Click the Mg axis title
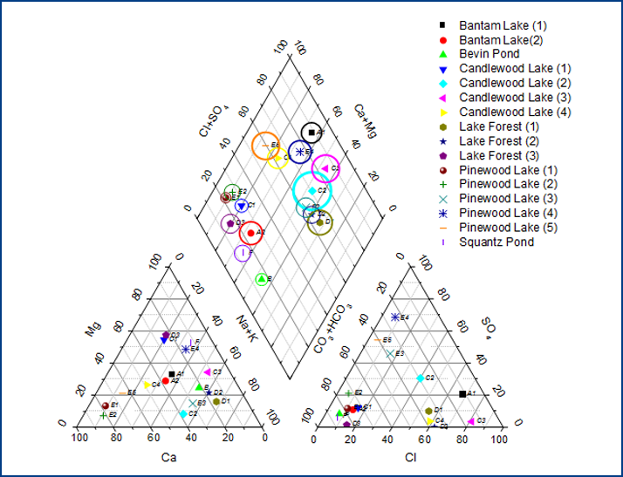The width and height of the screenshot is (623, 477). (92, 330)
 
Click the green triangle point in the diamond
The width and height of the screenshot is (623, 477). (261, 278)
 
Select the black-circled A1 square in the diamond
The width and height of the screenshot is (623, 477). (311, 133)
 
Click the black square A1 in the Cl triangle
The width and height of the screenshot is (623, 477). (462, 394)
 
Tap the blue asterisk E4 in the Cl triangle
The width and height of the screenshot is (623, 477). (394, 317)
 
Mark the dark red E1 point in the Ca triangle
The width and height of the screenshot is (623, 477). (106, 405)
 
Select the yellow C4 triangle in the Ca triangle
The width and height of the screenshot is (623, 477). (147, 385)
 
